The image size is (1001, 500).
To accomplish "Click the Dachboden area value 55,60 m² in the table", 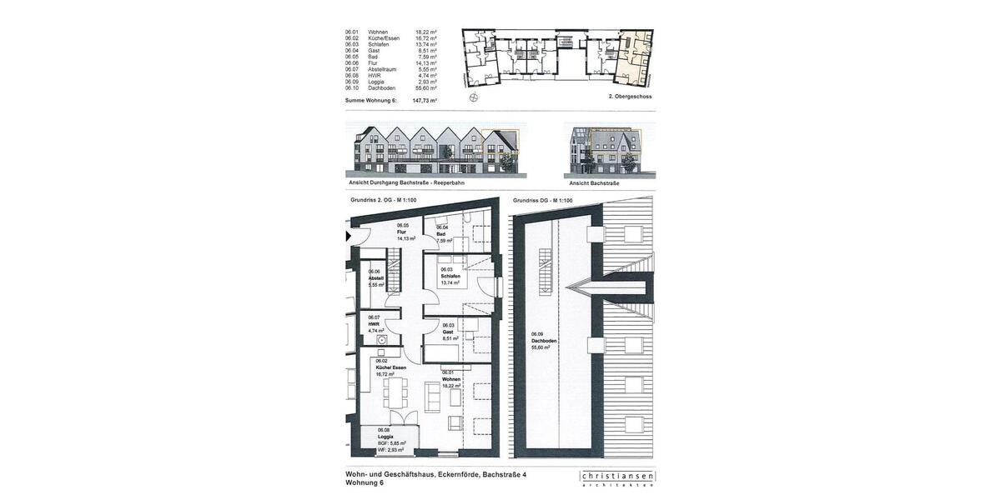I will [425, 87].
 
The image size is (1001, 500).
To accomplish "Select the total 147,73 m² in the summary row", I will [425, 100].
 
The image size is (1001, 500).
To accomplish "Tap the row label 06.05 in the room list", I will [351, 57].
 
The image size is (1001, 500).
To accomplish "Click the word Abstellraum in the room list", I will [382, 69].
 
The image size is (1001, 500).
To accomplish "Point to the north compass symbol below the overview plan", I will [474, 97].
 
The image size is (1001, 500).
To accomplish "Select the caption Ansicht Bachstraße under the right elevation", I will [594, 182].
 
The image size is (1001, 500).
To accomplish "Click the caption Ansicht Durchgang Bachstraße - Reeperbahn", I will [406, 182].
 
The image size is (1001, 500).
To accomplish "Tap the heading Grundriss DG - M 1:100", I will [542, 200].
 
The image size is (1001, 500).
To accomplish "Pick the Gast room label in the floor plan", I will [449, 332].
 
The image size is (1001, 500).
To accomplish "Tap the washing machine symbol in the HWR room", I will [381, 339].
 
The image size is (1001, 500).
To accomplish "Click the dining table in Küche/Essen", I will [393, 391].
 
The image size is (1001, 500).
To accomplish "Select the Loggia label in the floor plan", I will [385, 437].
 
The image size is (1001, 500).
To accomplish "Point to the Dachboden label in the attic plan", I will [544, 341].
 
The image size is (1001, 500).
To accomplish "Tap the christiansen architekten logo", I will [617, 477].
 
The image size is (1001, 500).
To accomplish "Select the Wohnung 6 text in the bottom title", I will [365, 482].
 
